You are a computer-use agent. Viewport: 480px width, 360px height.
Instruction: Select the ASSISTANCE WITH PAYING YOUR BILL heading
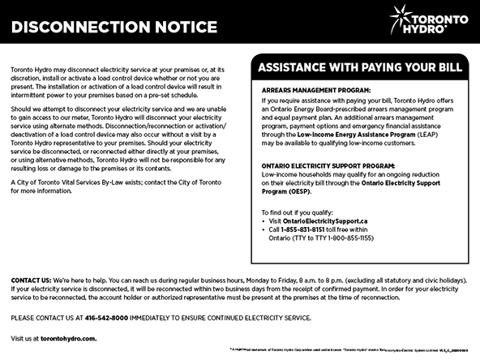tap(359, 67)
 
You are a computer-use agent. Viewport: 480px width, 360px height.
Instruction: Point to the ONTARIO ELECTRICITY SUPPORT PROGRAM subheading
tap(326, 165)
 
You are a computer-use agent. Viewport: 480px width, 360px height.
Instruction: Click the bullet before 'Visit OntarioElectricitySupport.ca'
tap(264, 220)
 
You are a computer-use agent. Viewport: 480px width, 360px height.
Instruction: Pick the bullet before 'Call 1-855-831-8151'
tap(264, 229)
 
